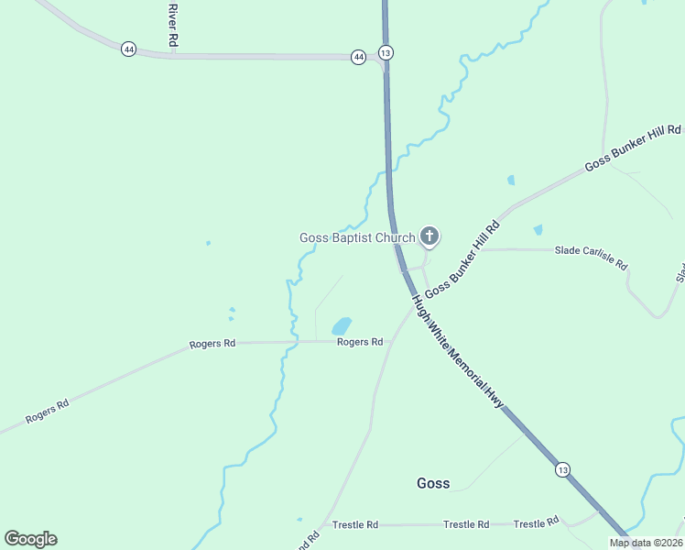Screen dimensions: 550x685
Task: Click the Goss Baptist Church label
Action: tap(357, 238)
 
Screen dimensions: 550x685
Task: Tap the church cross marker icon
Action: tap(429, 236)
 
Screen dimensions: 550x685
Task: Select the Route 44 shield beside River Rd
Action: tap(128, 49)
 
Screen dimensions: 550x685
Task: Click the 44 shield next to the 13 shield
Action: tap(358, 57)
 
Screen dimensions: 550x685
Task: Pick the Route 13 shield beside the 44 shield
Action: tap(386, 52)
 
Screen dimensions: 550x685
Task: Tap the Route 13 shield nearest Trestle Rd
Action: tap(561, 469)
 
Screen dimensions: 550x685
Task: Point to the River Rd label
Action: tap(171, 26)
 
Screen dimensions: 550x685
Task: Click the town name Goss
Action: tap(432, 483)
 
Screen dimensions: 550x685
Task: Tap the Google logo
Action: tap(30, 539)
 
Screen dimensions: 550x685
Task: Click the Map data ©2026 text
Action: tap(645, 543)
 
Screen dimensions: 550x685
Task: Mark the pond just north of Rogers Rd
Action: tap(341, 325)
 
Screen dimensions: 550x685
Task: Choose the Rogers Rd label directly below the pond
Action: tap(359, 342)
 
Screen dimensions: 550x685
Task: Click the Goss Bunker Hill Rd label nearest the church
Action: tap(462, 258)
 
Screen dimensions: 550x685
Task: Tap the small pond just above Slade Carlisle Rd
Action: tap(538, 229)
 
